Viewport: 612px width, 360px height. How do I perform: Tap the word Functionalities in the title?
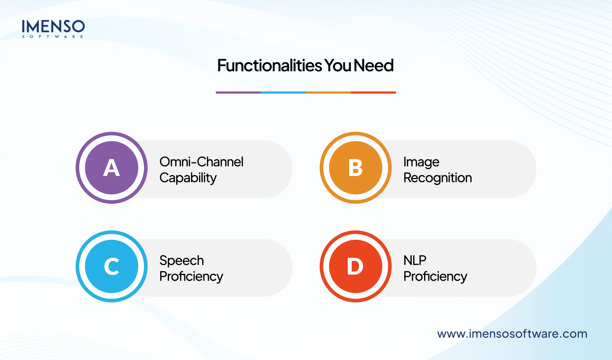[270, 65]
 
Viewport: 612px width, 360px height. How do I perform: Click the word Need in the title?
[373, 65]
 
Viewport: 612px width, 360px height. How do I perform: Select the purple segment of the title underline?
[238, 93]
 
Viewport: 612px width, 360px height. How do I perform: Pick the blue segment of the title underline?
[283, 93]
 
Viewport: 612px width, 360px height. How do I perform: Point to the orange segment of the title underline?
[328, 93]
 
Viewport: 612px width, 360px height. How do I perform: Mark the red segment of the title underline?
[373, 93]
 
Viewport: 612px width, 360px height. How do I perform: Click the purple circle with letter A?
[112, 168]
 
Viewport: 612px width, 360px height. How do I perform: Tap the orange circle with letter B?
[355, 168]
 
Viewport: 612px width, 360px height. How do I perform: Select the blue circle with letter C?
[112, 266]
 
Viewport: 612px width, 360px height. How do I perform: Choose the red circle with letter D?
[355, 266]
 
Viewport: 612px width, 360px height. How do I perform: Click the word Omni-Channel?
[201, 162]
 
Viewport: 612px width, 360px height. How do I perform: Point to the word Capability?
[188, 178]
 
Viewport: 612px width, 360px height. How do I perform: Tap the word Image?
[421, 162]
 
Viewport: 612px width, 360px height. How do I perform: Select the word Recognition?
[438, 178]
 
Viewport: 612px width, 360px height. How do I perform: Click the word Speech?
[182, 261]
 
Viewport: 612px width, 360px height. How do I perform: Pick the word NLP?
[415, 260]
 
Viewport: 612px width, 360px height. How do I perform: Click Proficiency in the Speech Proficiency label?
[191, 277]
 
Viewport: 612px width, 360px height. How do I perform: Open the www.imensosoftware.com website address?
[512, 334]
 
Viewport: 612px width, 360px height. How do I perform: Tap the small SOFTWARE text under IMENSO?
[53, 37]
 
